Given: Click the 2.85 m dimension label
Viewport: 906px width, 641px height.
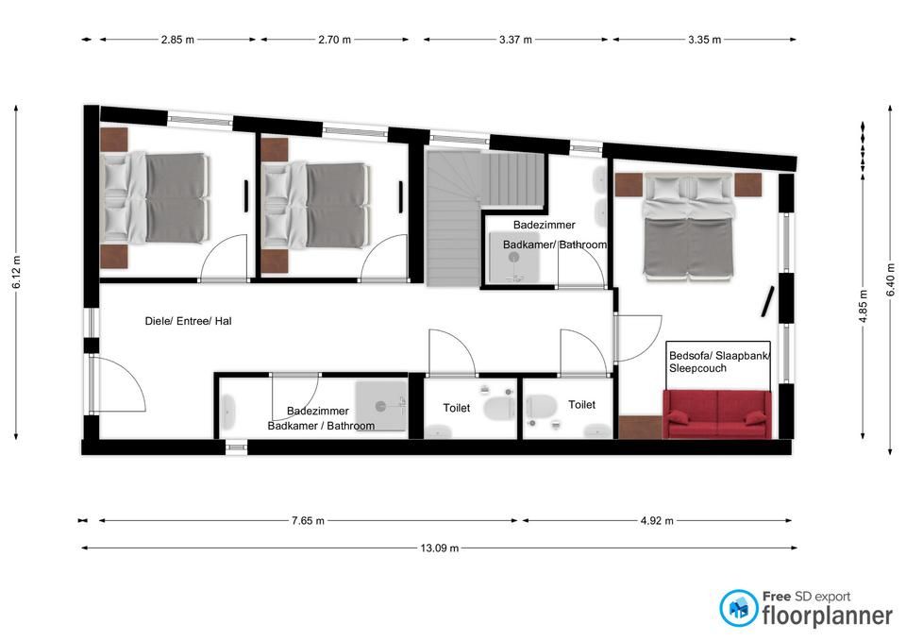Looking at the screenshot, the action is point(177,40).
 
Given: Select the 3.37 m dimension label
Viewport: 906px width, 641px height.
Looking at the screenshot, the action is point(515,40).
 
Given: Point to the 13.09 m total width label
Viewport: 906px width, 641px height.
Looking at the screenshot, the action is point(439,548).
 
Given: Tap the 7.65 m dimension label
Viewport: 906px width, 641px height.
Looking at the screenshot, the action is point(308,521).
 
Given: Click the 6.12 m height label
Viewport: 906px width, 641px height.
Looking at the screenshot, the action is point(16,272).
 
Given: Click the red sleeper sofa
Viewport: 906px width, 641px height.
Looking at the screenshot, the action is point(717,413).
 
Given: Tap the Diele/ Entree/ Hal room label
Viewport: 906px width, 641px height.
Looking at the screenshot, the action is point(189,321).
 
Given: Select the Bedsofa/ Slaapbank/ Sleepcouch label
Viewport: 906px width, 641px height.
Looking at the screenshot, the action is point(719,362).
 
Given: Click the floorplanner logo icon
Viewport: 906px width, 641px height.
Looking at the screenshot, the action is point(738,608).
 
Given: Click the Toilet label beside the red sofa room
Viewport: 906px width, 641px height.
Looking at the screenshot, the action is point(582,405).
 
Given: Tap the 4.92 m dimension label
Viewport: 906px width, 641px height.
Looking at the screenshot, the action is point(657,521).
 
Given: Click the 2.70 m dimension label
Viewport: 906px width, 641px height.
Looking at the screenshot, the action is point(334,40).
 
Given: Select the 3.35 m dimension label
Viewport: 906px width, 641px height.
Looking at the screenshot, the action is point(704,40).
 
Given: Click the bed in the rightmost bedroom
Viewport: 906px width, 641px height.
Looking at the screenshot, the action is point(689,228).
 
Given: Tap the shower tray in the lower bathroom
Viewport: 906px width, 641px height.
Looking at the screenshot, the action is point(380,406).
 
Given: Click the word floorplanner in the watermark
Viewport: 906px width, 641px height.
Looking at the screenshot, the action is point(828,616).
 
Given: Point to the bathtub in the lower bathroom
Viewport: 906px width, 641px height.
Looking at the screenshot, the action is point(228,412).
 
